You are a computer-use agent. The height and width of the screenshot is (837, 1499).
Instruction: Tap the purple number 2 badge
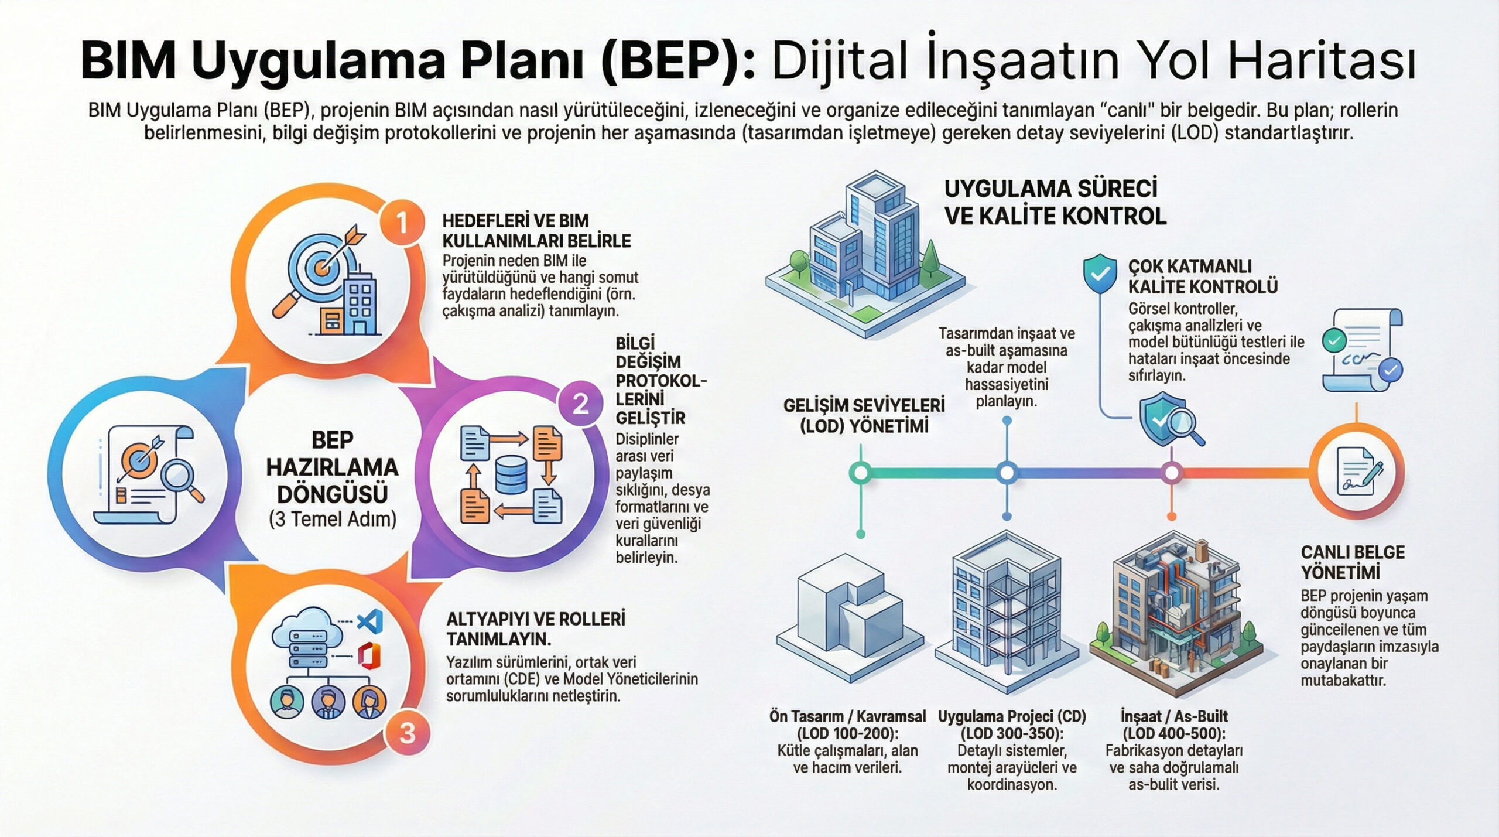pyautogui.click(x=580, y=404)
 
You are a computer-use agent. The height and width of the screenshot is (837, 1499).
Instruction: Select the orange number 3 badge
pyautogui.click(x=407, y=733)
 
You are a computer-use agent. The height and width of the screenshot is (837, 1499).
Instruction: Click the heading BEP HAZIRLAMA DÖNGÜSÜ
pyautogui.click(x=332, y=467)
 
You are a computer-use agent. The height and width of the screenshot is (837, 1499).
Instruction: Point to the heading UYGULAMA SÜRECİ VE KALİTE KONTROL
pyautogui.click(x=1055, y=203)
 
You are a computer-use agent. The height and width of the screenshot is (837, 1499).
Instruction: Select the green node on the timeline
pyautogui.click(x=861, y=472)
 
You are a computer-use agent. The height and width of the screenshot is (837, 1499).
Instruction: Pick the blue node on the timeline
pyautogui.click(x=1007, y=472)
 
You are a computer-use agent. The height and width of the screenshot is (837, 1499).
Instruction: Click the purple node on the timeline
pyautogui.click(x=1172, y=472)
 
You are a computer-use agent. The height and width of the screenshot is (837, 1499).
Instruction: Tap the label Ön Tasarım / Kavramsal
pyautogui.click(x=847, y=716)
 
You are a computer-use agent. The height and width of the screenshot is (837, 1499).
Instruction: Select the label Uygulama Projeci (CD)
pyautogui.click(x=1012, y=716)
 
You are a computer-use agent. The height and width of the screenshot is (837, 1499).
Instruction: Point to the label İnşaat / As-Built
pyautogui.click(x=1174, y=716)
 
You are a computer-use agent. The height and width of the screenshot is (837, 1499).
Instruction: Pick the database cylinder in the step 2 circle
pyautogui.click(x=511, y=474)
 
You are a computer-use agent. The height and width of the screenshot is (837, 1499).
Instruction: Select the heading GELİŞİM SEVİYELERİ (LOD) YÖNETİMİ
pyautogui.click(x=864, y=415)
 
